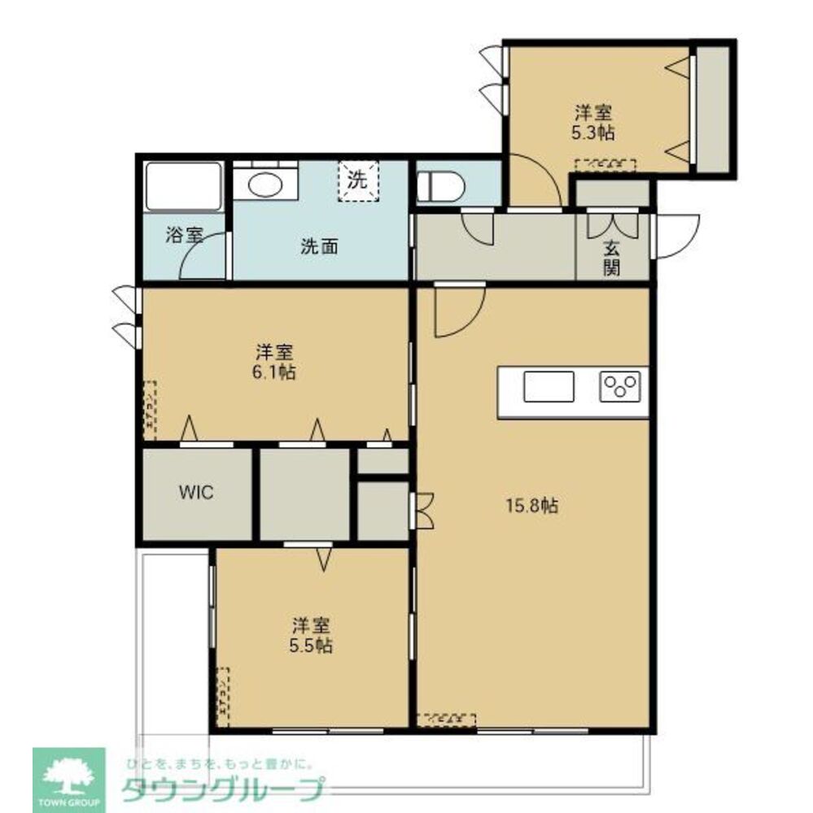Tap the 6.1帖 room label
coord(275,363)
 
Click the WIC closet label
coord(196,493)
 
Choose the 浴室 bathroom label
coord(183,236)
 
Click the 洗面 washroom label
coord(319,247)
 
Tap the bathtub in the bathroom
coord(184,186)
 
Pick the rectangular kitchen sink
coord(549,386)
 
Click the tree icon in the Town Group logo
coord(68,774)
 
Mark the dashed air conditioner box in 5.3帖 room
coord(605,164)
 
